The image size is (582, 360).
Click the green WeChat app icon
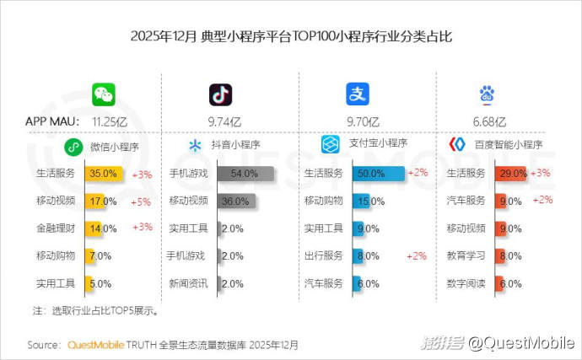pyautogui.click(x=104, y=94)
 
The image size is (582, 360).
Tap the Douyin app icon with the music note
pyautogui.click(x=220, y=94)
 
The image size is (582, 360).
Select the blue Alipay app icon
pyautogui.click(x=358, y=94)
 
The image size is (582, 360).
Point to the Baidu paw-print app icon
pyautogui.click(x=489, y=94)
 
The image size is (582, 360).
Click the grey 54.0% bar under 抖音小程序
pyautogui.click(x=245, y=174)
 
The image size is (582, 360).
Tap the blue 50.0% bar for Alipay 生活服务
pyautogui.click(x=379, y=174)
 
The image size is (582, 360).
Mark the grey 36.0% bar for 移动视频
pyautogui.click(x=235, y=201)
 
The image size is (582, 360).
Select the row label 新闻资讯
pyautogui.click(x=189, y=283)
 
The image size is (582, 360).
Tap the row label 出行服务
pyautogui.click(x=323, y=255)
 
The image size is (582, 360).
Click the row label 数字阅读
pyautogui.click(x=466, y=283)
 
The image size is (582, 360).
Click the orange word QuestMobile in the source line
pyautogui.click(x=95, y=345)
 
